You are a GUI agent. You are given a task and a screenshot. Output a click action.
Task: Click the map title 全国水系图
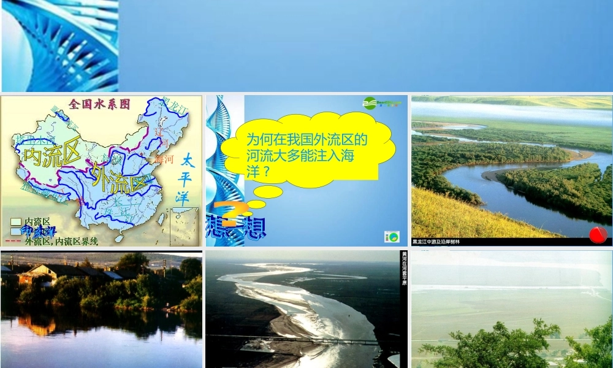click(100, 104)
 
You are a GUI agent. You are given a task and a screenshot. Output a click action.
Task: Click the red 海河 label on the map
click(165, 159)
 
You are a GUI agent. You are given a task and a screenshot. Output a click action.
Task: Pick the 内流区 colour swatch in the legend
click(15, 222)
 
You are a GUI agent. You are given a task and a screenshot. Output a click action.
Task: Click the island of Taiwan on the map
click(161, 218)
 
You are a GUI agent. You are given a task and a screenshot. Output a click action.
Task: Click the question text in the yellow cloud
click(306, 156)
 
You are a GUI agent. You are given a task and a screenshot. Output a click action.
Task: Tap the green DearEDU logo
click(381, 103)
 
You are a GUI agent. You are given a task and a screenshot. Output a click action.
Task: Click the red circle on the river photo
click(598, 234)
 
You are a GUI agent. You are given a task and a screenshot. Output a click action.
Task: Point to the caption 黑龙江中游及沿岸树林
click(436, 242)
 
